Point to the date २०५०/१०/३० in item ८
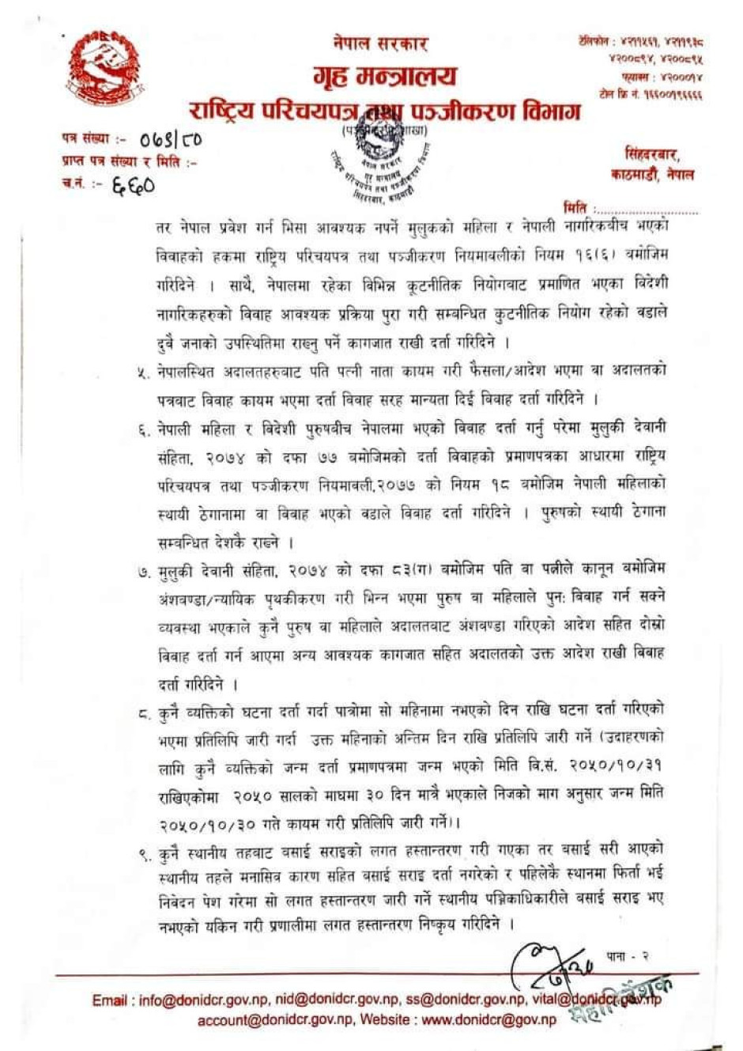(207, 823)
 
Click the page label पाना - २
(628, 956)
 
